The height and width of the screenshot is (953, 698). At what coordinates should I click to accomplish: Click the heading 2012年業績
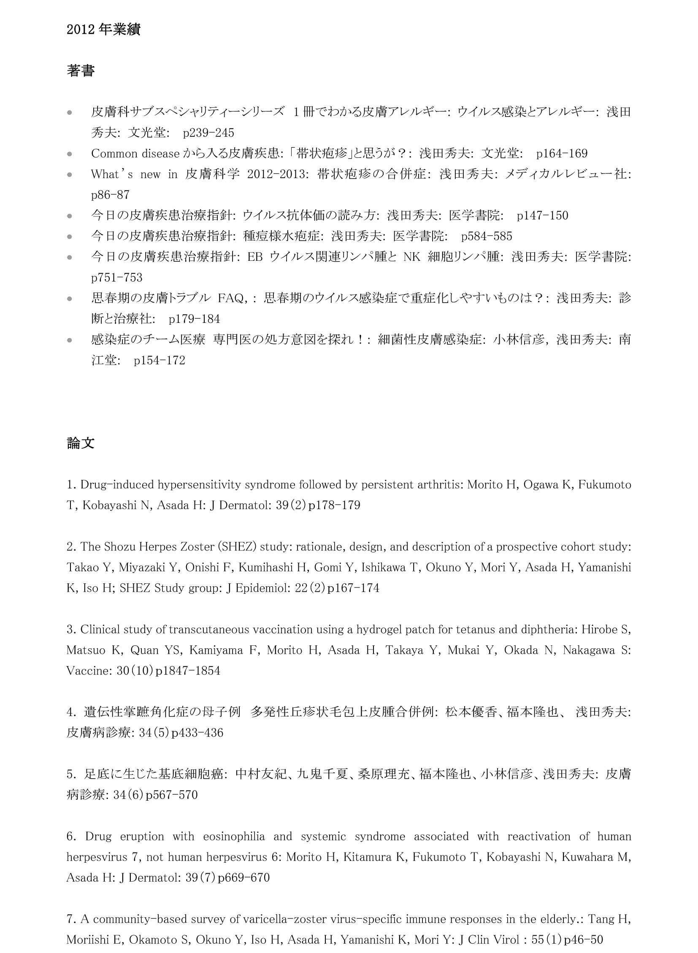click(103, 30)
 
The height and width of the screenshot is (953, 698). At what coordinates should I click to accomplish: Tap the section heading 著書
click(80, 70)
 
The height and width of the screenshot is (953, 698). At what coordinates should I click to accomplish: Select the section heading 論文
click(80, 443)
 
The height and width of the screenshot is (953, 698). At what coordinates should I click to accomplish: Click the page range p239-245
click(208, 133)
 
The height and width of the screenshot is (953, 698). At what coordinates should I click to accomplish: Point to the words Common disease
click(135, 153)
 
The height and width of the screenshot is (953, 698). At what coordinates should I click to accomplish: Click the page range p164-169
click(562, 153)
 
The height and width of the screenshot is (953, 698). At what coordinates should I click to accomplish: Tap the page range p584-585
click(486, 236)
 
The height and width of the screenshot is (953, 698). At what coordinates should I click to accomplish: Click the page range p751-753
click(116, 278)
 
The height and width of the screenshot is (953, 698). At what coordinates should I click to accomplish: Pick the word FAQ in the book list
click(230, 298)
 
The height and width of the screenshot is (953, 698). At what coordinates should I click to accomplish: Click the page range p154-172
click(159, 360)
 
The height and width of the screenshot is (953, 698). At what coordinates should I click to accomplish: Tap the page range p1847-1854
click(188, 671)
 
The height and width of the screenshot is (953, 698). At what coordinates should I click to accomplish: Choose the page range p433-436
click(197, 733)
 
